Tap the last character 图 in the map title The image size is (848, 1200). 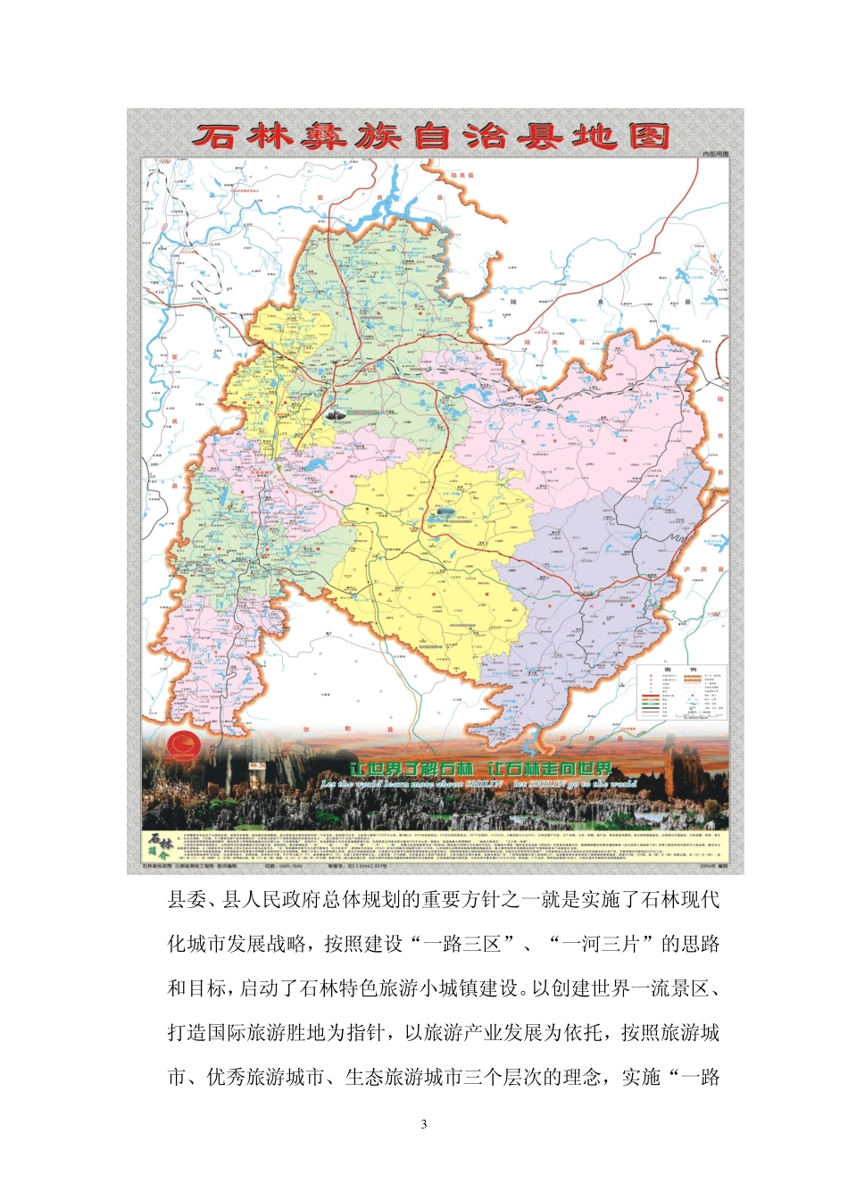[x=649, y=137]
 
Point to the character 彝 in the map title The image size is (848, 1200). [x=316, y=137]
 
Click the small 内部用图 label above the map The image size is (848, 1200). [x=715, y=154]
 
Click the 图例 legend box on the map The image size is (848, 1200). [x=683, y=692]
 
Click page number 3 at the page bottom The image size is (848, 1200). [x=424, y=1124]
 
